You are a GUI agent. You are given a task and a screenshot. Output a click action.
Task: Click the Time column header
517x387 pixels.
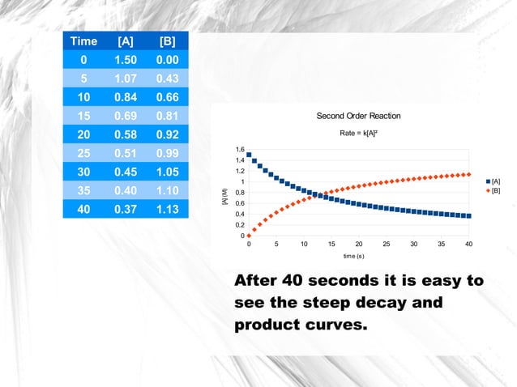pyautogui.click(x=84, y=41)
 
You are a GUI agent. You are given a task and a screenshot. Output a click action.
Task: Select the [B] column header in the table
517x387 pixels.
pyautogui.click(x=168, y=41)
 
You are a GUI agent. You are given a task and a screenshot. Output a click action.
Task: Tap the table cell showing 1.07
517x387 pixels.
pyautogui.click(x=126, y=79)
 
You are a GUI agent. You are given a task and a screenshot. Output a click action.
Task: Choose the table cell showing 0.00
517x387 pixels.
pyautogui.click(x=168, y=60)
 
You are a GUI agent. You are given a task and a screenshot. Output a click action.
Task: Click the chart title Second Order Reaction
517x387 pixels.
pyautogui.click(x=358, y=116)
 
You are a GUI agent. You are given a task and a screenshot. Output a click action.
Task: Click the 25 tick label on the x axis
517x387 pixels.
pyautogui.click(x=386, y=243)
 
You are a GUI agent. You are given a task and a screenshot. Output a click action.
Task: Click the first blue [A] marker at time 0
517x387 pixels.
pyautogui.click(x=249, y=155)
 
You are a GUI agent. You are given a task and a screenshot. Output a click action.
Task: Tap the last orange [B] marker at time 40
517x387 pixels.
pyautogui.click(x=469, y=174)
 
